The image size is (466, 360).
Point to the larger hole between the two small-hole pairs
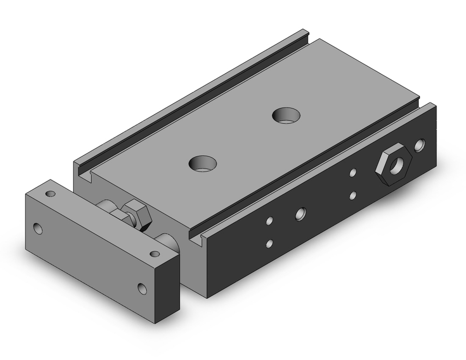pyautogui.click(x=300, y=214)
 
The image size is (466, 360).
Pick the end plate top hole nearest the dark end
pyautogui.click(x=154, y=254)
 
